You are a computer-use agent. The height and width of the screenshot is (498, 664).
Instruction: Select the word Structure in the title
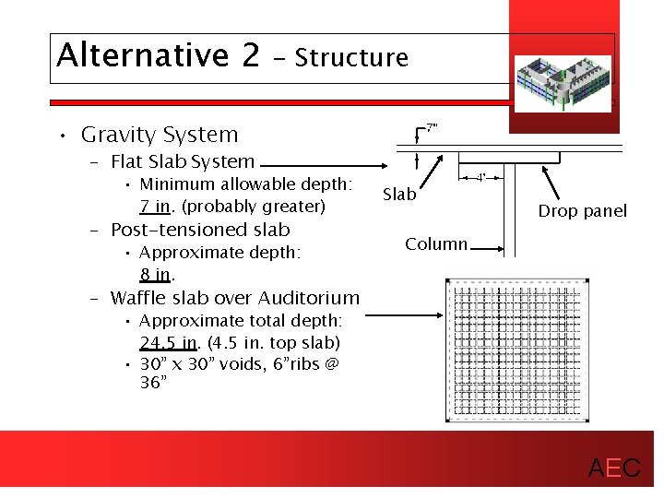pos(351,58)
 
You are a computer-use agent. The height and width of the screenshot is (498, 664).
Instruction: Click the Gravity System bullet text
pos(160,135)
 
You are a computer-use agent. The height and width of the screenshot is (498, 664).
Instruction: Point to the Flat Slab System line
pos(183,162)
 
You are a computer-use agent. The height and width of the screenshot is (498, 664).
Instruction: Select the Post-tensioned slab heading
pos(200,230)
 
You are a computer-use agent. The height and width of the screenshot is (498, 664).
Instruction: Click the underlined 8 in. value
pos(155,275)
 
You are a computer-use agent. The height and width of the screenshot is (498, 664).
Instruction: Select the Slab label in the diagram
pos(399,195)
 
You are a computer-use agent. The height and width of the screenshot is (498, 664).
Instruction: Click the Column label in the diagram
pos(436,244)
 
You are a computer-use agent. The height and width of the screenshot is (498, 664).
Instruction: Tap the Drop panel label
pos(582,211)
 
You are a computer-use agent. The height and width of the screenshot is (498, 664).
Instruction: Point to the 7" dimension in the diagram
pos(431,125)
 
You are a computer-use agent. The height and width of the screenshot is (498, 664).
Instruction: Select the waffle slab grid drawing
pos(515,349)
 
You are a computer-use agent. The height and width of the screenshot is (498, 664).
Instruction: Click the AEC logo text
pos(614,468)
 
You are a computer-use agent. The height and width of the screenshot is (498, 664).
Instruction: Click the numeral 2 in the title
pos(250,55)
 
